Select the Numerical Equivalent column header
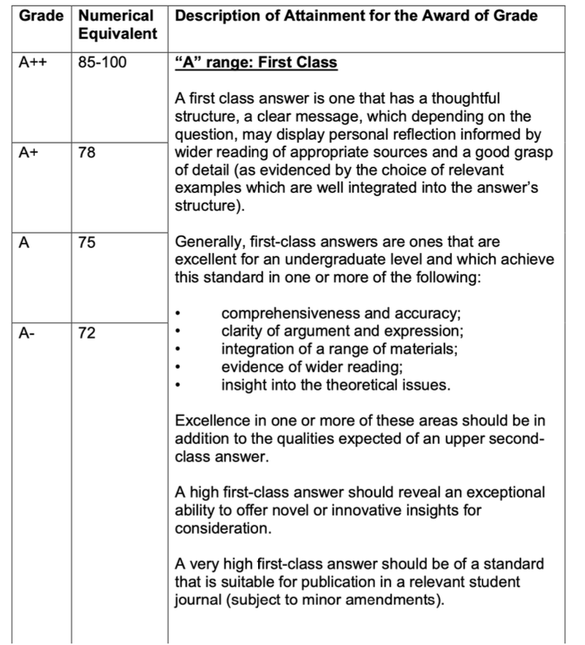pos(117,24)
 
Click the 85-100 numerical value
pos(102,63)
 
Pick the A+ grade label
pos(29,153)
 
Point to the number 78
pos(86,153)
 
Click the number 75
pos(86,243)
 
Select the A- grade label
pos(27,333)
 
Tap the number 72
pos(86,333)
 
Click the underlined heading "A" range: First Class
pos(256,63)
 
